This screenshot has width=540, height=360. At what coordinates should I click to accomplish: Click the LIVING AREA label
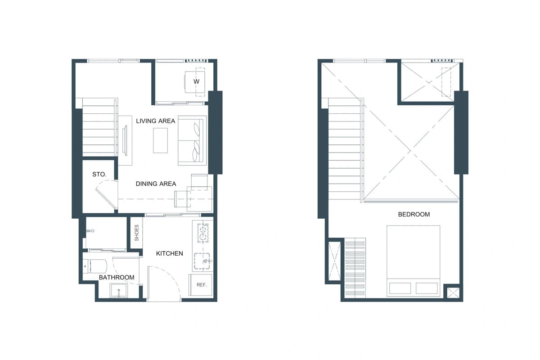click(x=156, y=121)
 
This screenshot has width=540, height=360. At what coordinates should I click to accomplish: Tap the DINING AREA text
click(x=156, y=184)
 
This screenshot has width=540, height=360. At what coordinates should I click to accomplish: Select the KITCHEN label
click(x=170, y=253)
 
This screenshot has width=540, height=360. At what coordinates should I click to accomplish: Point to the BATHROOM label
click(x=117, y=277)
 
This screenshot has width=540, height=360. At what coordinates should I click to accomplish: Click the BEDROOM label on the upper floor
click(x=414, y=214)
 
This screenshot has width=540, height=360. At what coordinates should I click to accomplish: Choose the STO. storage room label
click(x=99, y=174)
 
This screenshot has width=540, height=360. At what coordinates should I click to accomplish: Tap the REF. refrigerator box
click(x=201, y=285)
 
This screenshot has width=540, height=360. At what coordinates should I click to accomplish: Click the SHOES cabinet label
click(x=136, y=233)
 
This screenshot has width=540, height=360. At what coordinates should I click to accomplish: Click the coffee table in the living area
click(x=160, y=140)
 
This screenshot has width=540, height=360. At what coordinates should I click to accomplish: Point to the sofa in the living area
click(x=192, y=140)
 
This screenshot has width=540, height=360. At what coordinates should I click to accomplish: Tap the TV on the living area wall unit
click(x=125, y=140)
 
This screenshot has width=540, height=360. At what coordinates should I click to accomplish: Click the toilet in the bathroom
click(x=95, y=266)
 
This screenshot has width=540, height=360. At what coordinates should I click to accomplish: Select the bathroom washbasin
click(x=119, y=290)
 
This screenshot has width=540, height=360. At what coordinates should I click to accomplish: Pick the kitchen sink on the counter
click(x=202, y=261)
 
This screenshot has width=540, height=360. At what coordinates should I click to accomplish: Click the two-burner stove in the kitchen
click(x=203, y=233)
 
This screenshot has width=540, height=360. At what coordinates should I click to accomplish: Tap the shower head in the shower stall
click(x=90, y=231)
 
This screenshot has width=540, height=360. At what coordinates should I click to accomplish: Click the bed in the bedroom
click(x=413, y=261)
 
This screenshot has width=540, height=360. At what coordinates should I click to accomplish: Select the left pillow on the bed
click(x=400, y=288)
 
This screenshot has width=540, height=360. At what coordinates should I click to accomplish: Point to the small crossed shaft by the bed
click(x=453, y=293)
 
